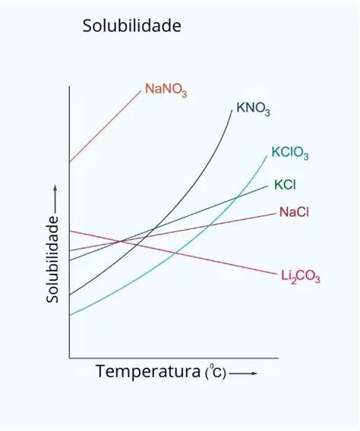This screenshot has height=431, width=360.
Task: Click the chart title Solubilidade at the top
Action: coord(132,27)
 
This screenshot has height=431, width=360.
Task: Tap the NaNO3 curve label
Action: coord(166,90)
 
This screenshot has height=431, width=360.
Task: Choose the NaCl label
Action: coord(293,212)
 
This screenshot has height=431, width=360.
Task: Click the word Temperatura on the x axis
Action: coord(148,373)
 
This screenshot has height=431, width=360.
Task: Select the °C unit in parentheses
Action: coord(216,373)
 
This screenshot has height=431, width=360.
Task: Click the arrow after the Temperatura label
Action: coord(243,374)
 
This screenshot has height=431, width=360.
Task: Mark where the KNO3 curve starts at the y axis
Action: coord(70,294)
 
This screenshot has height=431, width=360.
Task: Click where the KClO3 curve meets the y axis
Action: coord(70,315)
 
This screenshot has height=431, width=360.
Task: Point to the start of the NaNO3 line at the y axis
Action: coord(70,162)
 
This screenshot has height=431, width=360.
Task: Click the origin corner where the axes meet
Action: coord(70,357)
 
